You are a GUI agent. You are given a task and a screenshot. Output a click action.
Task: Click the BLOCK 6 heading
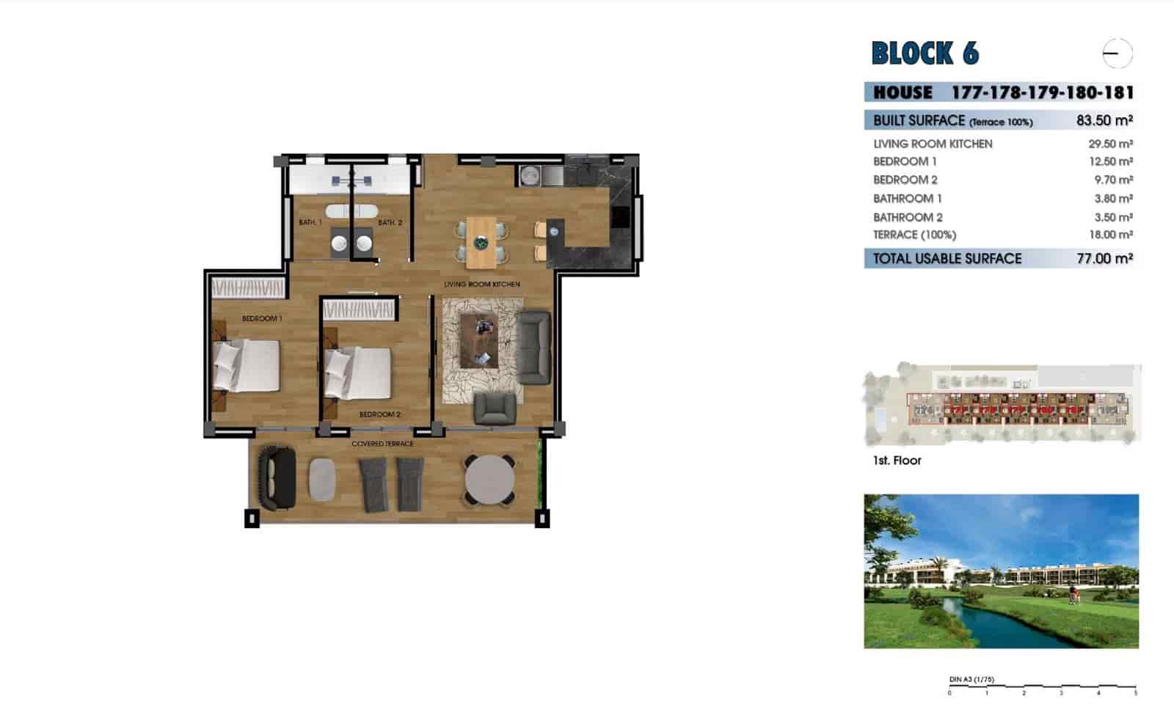click(925, 54)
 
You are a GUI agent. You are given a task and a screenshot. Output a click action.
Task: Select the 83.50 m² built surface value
click(1104, 120)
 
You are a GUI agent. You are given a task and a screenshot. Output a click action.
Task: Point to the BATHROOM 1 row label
click(907, 199)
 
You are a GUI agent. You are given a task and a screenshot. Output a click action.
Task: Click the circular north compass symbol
click(1117, 54)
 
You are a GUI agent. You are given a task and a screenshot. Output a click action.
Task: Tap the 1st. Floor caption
click(897, 461)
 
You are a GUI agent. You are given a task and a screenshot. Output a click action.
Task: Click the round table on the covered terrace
click(489, 480)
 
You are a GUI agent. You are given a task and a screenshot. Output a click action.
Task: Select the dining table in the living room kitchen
click(481, 242)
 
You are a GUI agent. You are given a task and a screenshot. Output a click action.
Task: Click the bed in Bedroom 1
click(247, 365)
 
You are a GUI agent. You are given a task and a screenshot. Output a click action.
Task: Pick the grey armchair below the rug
click(495, 408)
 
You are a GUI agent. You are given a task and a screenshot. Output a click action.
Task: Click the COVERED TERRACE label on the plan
click(382, 444)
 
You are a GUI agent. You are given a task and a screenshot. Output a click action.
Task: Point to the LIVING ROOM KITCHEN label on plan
click(481, 284)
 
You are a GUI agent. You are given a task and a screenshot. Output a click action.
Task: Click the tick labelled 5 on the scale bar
click(1136, 692)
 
